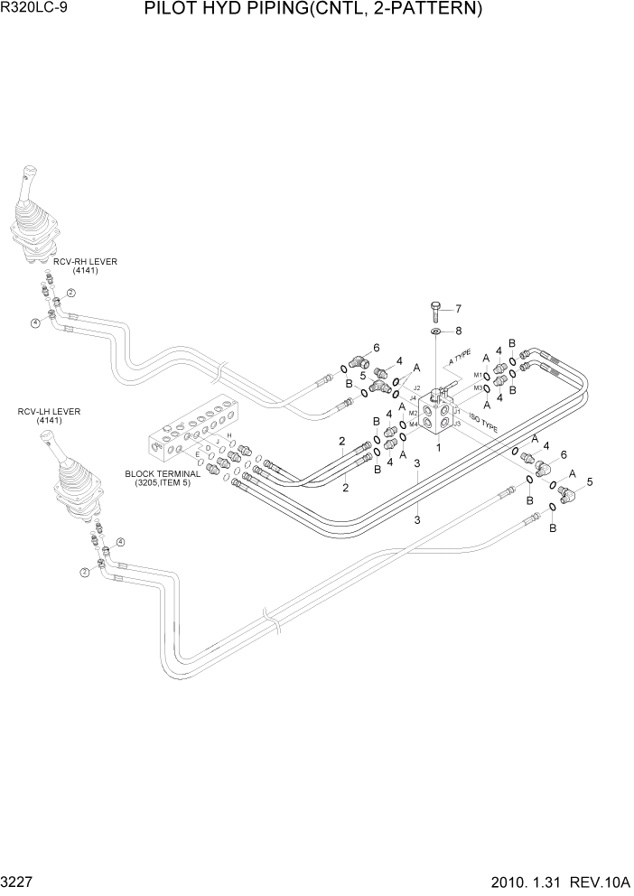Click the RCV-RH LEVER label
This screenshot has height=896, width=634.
(x=85, y=262)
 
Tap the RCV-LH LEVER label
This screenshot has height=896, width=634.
(x=49, y=412)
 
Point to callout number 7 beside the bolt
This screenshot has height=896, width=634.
(x=458, y=308)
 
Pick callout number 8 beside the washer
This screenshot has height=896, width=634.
(x=458, y=331)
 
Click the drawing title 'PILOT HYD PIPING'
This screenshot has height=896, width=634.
(x=312, y=11)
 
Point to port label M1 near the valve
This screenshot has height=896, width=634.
(x=478, y=374)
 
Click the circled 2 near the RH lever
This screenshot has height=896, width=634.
(x=70, y=293)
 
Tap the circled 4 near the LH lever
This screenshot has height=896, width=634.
(x=120, y=542)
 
